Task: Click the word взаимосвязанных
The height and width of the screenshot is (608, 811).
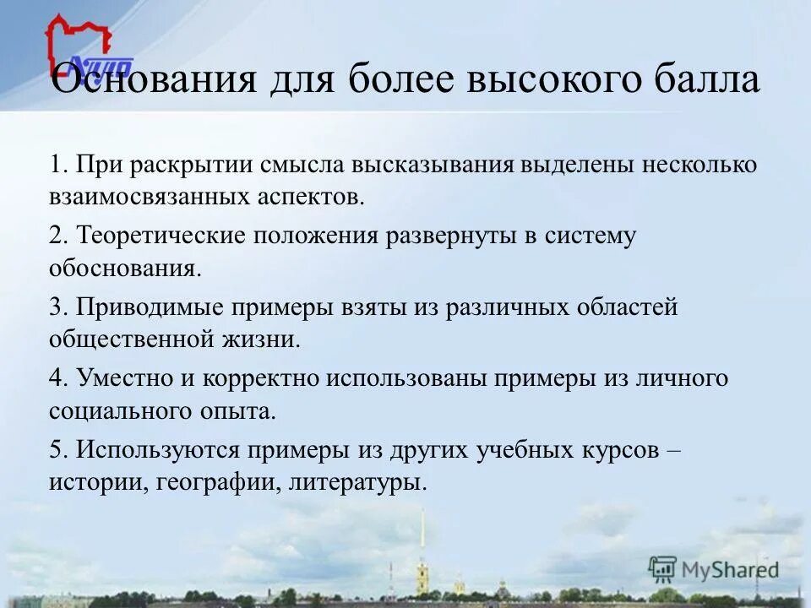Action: pyautogui.click(x=145, y=198)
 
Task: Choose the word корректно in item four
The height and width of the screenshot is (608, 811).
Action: pyautogui.click(x=262, y=379)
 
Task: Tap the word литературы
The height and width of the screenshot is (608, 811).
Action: pyautogui.click(x=357, y=483)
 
